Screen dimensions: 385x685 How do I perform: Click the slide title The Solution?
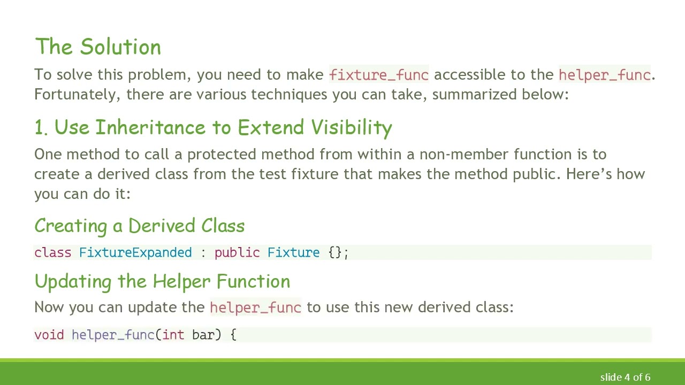[98, 47]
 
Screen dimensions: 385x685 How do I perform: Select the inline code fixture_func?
[379, 75]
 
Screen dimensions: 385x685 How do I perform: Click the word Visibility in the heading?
[352, 128]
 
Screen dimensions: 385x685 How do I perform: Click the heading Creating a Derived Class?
[139, 226]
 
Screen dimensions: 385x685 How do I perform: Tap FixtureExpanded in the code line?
[135, 252]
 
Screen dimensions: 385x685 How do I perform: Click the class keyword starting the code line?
[52, 252]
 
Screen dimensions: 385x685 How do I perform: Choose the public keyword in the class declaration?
[237, 252]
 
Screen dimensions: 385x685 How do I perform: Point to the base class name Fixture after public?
[293, 252]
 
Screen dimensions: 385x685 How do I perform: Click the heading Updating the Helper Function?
[162, 281]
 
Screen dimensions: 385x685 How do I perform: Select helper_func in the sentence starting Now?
[255, 307]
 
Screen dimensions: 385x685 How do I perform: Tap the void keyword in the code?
[49, 335]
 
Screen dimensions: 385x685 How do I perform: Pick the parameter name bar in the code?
[203, 335]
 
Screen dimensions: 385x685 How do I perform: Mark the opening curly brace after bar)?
[233, 335]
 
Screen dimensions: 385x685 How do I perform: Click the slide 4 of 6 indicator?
[625, 377]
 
